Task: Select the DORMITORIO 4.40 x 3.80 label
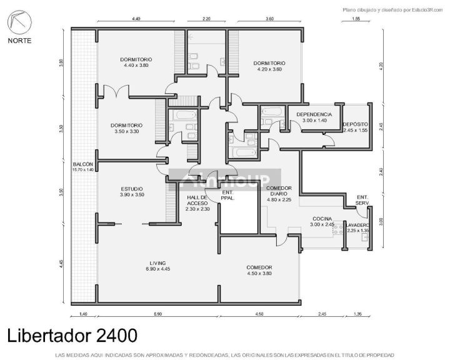[x=136, y=62]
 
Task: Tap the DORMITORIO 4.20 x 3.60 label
[x=269, y=66]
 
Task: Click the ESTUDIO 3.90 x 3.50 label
[x=132, y=192]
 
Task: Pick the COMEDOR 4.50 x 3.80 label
[x=259, y=270]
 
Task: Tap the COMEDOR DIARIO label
[x=279, y=194]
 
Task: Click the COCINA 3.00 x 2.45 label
[x=323, y=221]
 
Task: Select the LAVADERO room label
[x=358, y=227]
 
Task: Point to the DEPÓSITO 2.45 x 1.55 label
[x=355, y=127]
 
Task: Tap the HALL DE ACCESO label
[x=197, y=202]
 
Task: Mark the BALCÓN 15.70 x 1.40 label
[x=82, y=166]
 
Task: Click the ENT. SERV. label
[x=362, y=200]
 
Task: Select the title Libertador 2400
[x=72, y=335]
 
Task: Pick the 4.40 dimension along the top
[x=136, y=19]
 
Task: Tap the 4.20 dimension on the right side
[x=381, y=64]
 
